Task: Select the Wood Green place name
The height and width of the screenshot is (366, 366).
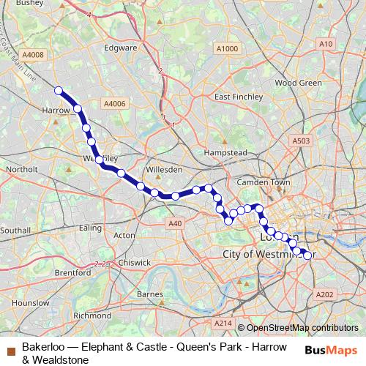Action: click(298, 83)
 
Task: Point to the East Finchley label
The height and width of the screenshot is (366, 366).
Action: click(238, 97)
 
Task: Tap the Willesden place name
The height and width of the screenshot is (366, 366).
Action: click(164, 169)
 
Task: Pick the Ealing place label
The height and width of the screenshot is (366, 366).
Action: click(91, 228)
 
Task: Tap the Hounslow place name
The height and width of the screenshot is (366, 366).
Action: click(31, 302)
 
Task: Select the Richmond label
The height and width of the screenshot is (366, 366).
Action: click(92, 315)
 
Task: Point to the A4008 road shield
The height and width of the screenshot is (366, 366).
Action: click(33, 54)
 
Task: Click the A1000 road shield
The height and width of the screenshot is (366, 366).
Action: click(227, 48)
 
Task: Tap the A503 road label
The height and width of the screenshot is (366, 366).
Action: click(301, 141)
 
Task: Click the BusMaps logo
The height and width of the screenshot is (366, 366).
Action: click(332, 350)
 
